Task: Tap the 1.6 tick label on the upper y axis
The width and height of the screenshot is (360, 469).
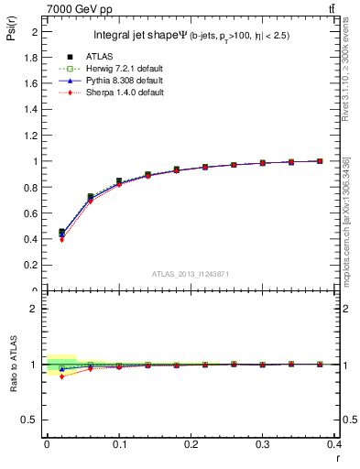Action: pyautogui.click(x=31, y=82)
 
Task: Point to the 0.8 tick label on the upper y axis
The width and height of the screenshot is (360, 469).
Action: pyautogui.click(x=31, y=187)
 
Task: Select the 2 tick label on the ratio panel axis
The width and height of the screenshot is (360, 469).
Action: pyautogui.click(x=35, y=309)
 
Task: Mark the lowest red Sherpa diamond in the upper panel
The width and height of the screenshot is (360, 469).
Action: pyautogui.click(x=61, y=239)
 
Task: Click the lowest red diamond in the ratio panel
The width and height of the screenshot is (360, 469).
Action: pyautogui.click(x=61, y=376)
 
